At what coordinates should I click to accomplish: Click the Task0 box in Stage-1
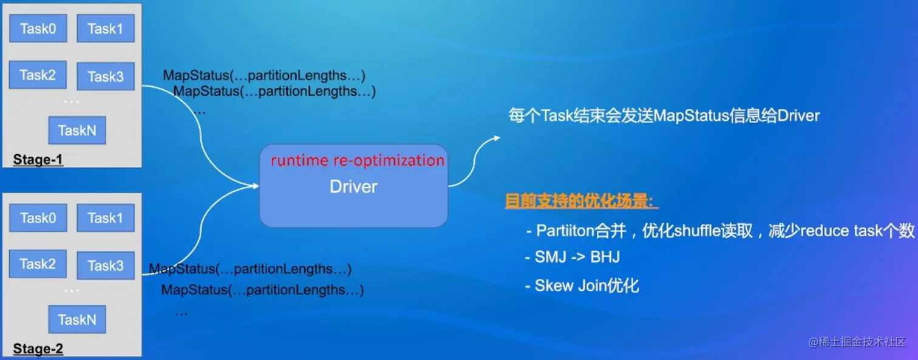pyautogui.click(x=38, y=29)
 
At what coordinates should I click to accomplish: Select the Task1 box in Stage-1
pyautogui.click(x=105, y=29)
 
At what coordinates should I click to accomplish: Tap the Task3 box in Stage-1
pyautogui.click(x=105, y=76)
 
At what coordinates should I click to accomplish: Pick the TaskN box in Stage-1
pyautogui.click(x=77, y=131)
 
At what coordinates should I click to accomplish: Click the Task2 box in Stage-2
pyautogui.click(x=38, y=263)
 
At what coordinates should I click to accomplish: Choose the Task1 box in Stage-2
pyautogui.click(x=105, y=218)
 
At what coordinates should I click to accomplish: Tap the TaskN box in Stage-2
pyautogui.click(x=77, y=319)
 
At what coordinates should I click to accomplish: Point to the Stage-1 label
pyautogui.click(x=38, y=159)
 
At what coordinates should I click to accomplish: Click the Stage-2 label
pyautogui.click(x=38, y=348)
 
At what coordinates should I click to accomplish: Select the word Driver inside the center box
pyautogui.click(x=353, y=187)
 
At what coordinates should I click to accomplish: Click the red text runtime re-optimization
pyautogui.click(x=358, y=160)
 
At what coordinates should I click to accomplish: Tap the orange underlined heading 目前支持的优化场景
pyautogui.click(x=581, y=201)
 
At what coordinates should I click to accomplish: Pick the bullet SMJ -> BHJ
pyautogui.click(x=573, y=257)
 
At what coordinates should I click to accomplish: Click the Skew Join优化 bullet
pyautogui.click(x=582, y=285)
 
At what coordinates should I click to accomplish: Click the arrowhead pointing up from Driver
pyautogui.click(x=497, y=138)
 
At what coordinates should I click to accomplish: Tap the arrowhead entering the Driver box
pyautogui.click(x=256, y=186)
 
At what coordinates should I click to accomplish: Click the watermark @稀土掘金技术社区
pyautogui.click(x=857, y=342)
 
